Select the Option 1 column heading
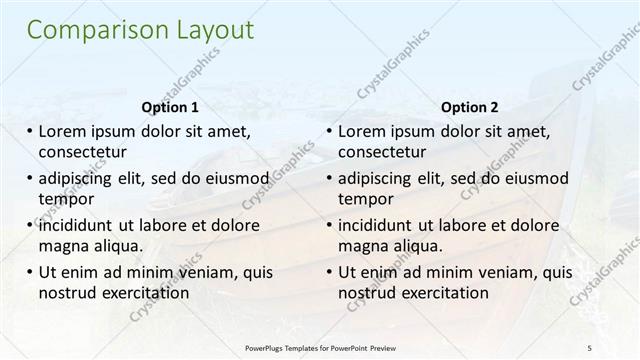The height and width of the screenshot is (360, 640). [x=171, y=107]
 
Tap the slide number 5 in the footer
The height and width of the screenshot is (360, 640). [x=590, y=347]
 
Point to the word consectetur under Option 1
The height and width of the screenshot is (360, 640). [x=82, y=152]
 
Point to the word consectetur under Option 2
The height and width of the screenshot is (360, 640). [x=382, y=152]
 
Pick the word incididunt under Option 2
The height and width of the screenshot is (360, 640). [x=381, y=225]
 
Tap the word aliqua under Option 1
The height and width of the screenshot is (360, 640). [x=118, y=246]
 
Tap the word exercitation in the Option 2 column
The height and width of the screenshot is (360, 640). [x=444, y=293]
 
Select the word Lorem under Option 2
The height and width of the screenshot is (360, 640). [x=362, y=131]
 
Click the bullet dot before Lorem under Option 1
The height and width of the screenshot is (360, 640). [x=29, y=131]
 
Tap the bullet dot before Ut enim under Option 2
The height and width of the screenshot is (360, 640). [x=329, y=272]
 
